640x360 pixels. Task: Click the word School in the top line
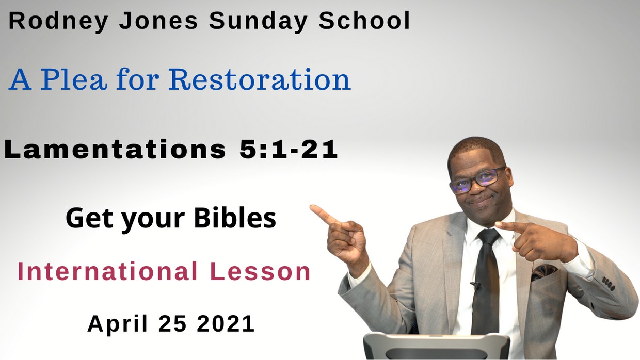pyautogui.click(x=364, y=21)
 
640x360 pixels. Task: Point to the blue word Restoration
pyautogui.click(x=260, y=80)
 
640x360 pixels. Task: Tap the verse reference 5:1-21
pyautogui.click(x=289, y=150)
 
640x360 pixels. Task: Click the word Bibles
pyautogui.click(x=235, y=218)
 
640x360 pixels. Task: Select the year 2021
pyautogui.click(x=226, y=324)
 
